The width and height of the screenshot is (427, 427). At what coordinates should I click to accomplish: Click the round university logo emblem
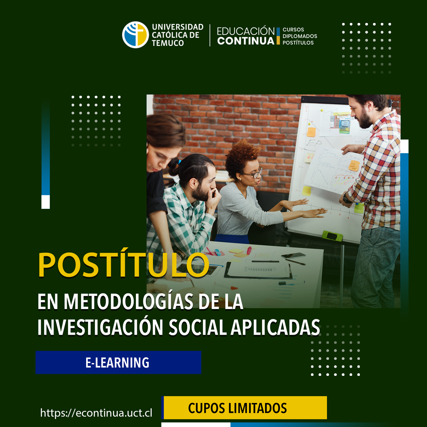coord(135,35)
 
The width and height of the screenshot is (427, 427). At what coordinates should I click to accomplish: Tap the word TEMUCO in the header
coord(168,43)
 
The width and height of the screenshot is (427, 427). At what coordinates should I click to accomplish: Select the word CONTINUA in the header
coord(246,41)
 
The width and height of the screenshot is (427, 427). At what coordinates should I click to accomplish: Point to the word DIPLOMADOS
coord(300,36)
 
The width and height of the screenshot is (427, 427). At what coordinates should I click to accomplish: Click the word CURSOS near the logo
coord(293,30)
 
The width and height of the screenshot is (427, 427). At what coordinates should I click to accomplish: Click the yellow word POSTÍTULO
coord(123,265)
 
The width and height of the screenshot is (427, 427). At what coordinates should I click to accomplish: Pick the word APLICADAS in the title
coord(276,327)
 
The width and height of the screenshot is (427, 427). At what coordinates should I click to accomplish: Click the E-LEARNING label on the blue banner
coord(117,363)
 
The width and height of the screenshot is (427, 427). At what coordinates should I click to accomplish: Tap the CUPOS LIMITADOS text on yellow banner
coord(238,408)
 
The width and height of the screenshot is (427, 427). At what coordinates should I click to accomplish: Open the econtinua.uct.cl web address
coord(96,413)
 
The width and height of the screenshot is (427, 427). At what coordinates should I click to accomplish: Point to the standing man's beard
coord(365,120)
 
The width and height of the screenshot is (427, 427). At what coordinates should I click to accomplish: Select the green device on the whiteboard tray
coord(332,236)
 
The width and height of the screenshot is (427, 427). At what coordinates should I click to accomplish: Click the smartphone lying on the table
coord(293,255)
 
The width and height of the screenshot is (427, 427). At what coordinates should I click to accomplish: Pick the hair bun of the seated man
coord(174,167)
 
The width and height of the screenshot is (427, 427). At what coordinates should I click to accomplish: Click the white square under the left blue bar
coord(46,202)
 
